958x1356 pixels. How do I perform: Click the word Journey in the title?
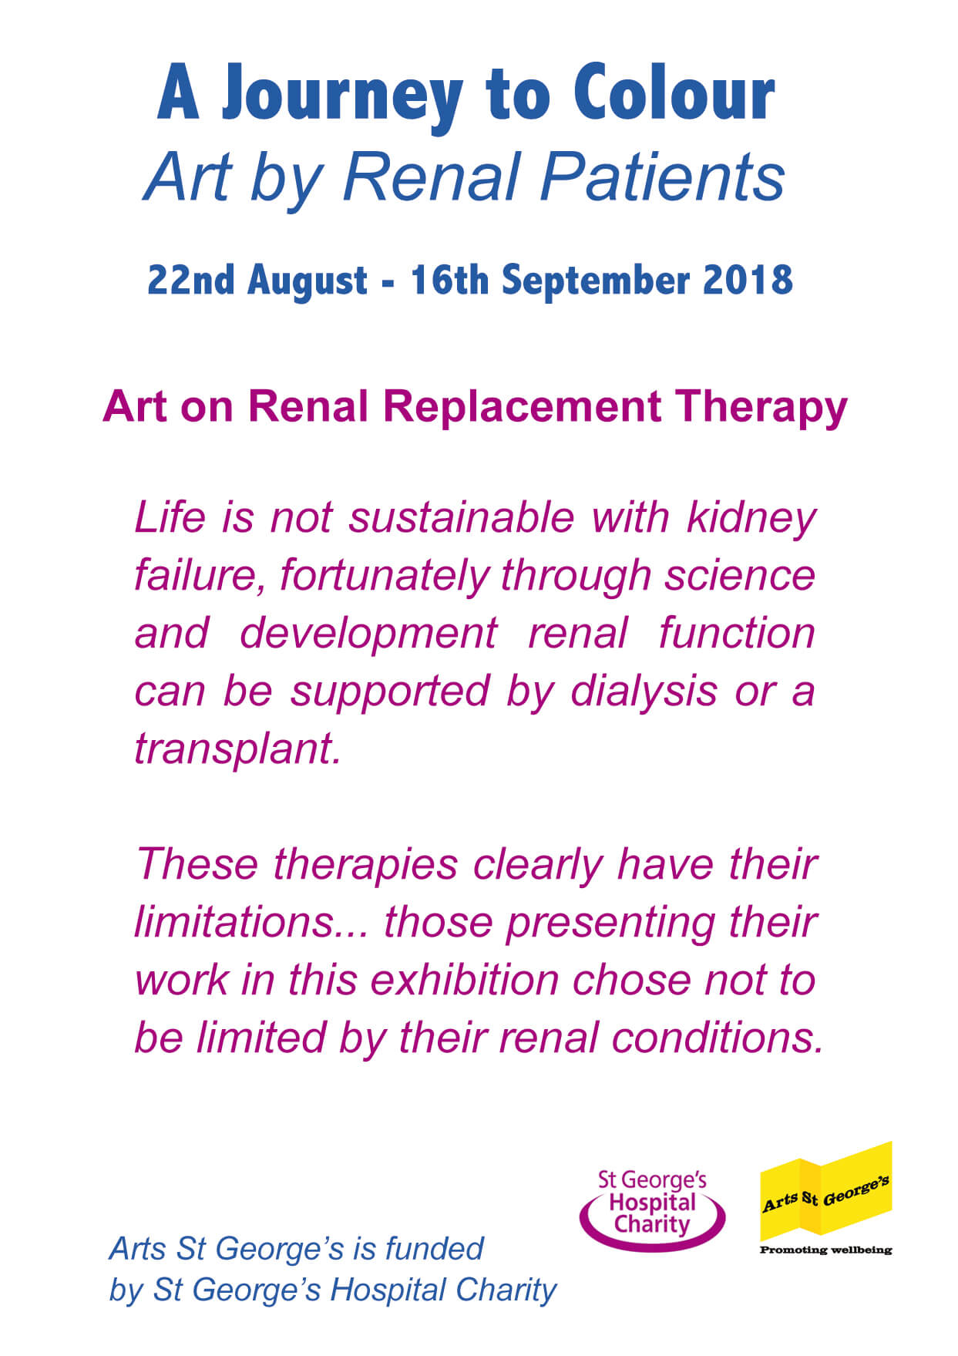[342, 96]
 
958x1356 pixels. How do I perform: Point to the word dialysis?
[644, 692]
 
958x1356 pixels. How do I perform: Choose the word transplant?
[237, 750]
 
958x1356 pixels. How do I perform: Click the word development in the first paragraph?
[368, 634]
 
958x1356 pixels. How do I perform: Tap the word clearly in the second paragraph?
[538, 866]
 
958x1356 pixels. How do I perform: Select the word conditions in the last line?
[718, 1038]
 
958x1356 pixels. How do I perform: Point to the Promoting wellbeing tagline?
[825, 1250]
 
